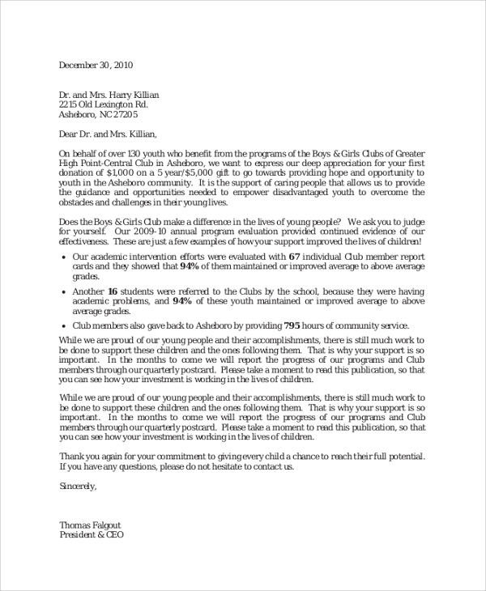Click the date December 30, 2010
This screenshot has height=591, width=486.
click(96, 66)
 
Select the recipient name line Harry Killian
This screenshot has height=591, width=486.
click(109, 95)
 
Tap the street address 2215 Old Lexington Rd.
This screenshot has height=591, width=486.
click(104, 104)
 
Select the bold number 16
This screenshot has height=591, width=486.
click(113, 291)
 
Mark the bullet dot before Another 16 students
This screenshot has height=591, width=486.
click(63, 291)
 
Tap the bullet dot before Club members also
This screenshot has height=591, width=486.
click(63, 326)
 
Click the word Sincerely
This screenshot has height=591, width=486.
click(78, 486)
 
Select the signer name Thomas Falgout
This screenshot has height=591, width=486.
click(90, 525)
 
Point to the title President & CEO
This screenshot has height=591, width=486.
click(92, 535)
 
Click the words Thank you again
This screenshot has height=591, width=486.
click(95, 457)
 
